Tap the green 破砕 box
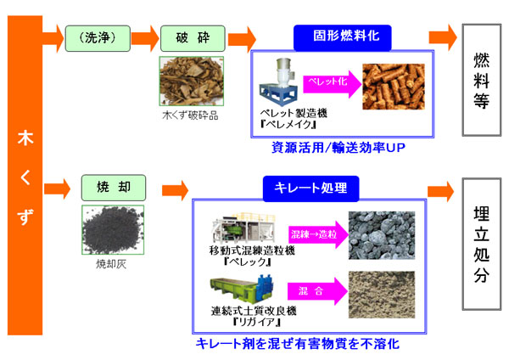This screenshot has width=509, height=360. point(185,37)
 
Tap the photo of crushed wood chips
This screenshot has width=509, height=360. point(189,81)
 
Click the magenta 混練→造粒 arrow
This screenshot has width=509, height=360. point(322,233)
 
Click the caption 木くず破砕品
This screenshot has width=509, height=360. point(189,115)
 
